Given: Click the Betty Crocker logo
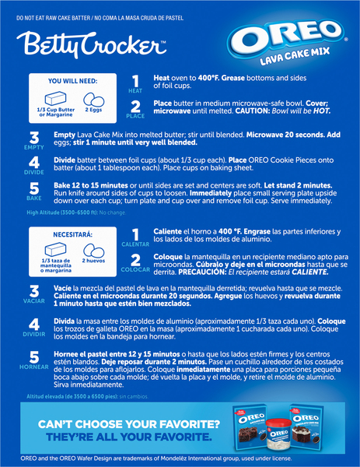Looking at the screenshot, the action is tap(91, 44).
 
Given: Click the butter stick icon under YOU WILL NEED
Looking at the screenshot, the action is tap(56, 98).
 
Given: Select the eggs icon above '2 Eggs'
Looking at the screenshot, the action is tap(94, 99).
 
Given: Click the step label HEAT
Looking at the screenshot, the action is tap(135, 91).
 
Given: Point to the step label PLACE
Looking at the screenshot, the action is tap(135, 116).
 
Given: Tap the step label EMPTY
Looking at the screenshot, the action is tap(34, 147).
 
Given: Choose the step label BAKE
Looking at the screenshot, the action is tap(34, 198).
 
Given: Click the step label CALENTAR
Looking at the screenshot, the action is tap(135, 244).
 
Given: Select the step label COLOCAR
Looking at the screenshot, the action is tap(135, 269).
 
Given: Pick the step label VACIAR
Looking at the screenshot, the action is tap(34, 300).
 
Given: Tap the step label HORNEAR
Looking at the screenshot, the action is tap(34, 367).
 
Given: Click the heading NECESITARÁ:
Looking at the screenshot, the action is tap(72, 234).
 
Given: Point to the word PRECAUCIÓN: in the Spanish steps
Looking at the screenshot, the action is tap(202, 272).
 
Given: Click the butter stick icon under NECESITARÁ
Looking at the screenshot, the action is tap(56, 249).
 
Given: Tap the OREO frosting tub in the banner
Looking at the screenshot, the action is tap(279, 434).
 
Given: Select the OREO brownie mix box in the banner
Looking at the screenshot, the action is tap(250, 427).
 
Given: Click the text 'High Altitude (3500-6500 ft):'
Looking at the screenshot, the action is tap(62, 212).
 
